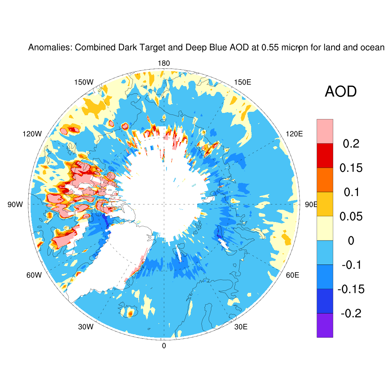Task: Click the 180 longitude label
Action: coord(164,64)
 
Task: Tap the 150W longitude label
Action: coord(84,82)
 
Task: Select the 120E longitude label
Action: coord(294,134)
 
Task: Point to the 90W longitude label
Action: coord(15,204)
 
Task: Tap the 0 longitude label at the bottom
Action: coord(164,346)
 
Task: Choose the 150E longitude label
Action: coord(242,82)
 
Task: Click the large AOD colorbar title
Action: coord(340,92)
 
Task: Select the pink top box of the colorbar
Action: coord(325,131)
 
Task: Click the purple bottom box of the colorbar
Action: coord(325,325)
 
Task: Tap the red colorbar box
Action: coord(325,155)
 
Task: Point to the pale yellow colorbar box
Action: coord(325,228)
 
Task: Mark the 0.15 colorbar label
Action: coord(351,168)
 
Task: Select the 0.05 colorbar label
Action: coord(351,217)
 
